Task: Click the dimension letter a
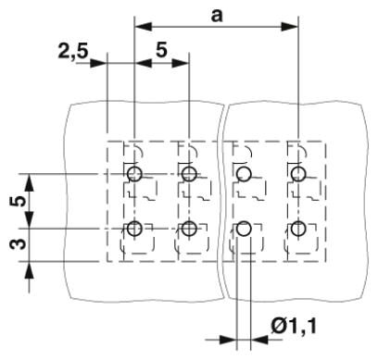tap(217, 16)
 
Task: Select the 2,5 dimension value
tap(73, 52)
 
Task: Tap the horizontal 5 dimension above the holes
tap(161, 50)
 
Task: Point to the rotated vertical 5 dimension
tap(19, 202)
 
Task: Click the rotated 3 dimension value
tap(19, 244)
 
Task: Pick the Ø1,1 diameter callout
tap(294, 326)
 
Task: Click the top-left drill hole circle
tap(134, 174)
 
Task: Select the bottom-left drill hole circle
tap(134, 229)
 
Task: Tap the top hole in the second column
tap(189, 174)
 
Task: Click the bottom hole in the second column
tap(189, 229)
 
